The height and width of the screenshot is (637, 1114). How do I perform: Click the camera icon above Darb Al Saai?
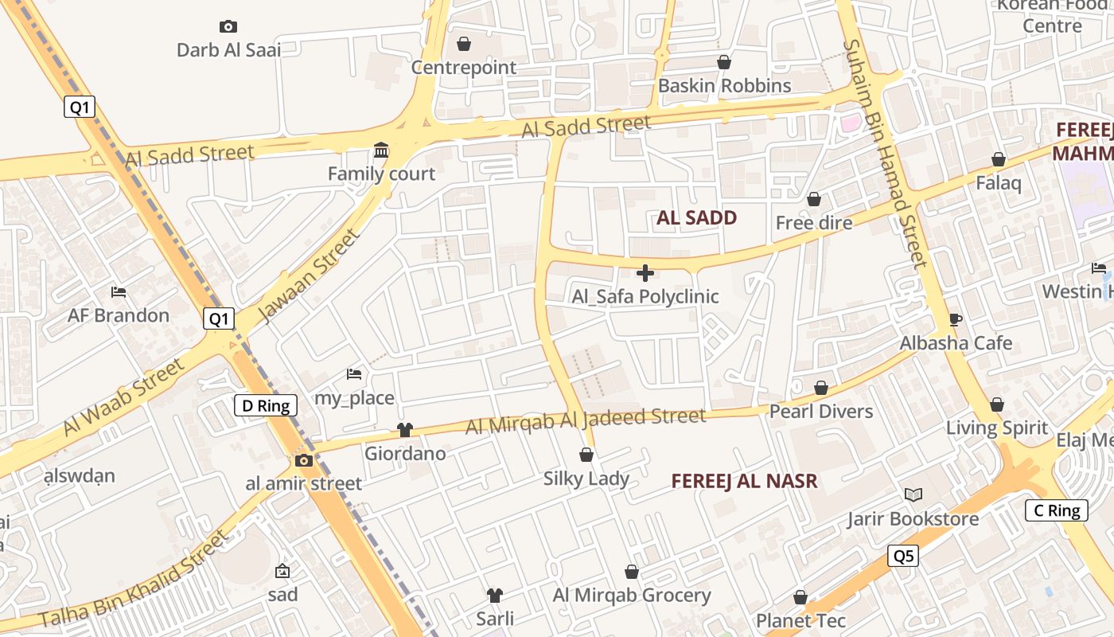click(228, 27)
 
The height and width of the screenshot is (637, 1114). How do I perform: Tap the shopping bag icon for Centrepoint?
click(464, 44)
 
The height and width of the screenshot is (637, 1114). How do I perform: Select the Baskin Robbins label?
click(724, 85)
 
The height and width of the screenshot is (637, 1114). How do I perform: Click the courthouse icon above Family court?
click(381, 150)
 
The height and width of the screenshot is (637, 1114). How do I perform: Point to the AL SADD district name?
click(696, 217)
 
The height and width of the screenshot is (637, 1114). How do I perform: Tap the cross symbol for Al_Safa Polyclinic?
click(645, 273)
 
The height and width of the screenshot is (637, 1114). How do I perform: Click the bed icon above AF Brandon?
click(119, 292)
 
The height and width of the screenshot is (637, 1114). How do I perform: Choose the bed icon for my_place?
click(354, 374)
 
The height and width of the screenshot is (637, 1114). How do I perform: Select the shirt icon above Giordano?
click(405, 430)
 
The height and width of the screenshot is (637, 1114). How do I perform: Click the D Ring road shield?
click(266, 405)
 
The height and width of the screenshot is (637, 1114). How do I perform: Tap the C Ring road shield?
click(1056, 510)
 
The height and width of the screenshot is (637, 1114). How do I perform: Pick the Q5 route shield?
click(903, 556)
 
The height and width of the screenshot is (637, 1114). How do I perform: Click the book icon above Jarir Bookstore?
click(913, 495)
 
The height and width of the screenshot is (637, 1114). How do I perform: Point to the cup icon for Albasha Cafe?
click(956, 319)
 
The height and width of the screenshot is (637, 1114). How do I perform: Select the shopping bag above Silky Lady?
click(586, 455)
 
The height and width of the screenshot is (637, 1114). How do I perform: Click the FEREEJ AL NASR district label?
click(744, 481)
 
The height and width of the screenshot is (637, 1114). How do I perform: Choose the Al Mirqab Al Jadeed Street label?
click(586, 420)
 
